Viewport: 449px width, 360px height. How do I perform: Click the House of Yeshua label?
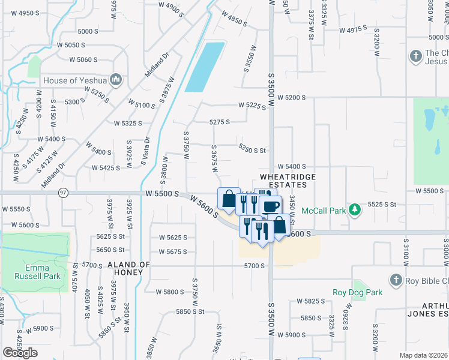tap(76, 80)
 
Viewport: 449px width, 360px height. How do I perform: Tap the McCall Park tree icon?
tap(355, 209)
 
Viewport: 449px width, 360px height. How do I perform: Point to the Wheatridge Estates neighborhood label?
tap(283, 181)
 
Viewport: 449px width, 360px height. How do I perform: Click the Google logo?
tap(20, 353)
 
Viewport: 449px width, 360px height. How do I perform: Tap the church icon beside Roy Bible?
tap(395, 280)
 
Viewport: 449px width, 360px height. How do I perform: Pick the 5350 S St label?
tap(252, 150)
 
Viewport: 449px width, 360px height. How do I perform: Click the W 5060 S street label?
tap(83, 59)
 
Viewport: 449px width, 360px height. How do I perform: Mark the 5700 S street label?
tap(255, 265)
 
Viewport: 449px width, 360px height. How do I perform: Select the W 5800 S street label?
tap(170, 292)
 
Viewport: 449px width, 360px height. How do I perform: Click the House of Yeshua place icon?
tap(116, 79)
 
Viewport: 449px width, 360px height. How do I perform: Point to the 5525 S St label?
tap(382, 205)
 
